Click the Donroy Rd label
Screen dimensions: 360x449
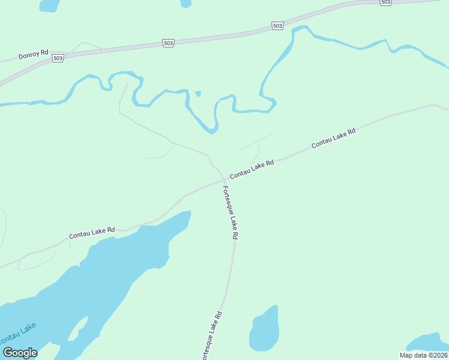tap(33, 55)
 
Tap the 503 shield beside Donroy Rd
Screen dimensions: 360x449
tap(58, 58)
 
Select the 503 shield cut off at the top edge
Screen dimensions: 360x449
tap(385, 2)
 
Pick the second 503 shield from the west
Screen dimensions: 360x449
tap(168, 43)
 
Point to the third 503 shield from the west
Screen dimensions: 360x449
tap(277, 26)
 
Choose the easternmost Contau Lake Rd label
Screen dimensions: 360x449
tap(334, 139)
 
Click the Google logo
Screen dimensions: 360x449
tap(20, 353)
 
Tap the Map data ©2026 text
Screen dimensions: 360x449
tap(424, 355)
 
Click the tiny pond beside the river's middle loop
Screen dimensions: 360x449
tap(198, 93)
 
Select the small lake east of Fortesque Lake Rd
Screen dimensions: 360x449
tap(264, 330)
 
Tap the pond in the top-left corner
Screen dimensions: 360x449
tap(49, 5)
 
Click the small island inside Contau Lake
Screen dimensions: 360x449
tap(76, 330)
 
